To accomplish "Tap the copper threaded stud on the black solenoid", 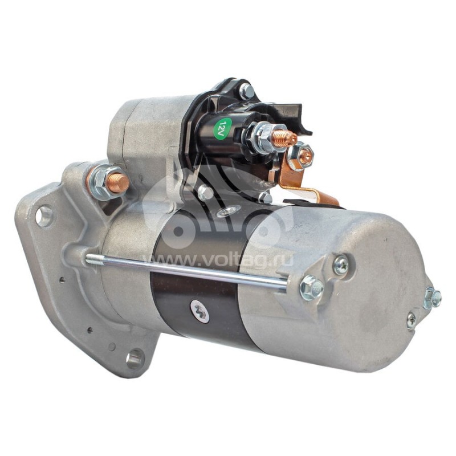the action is [286, 137].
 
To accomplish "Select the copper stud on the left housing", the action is [119, 182].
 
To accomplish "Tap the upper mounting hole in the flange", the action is [44, 216].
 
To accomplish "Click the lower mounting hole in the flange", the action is [135, 359].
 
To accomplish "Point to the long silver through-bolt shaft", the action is [186, 270].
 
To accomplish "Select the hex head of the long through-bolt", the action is [311, 288].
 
